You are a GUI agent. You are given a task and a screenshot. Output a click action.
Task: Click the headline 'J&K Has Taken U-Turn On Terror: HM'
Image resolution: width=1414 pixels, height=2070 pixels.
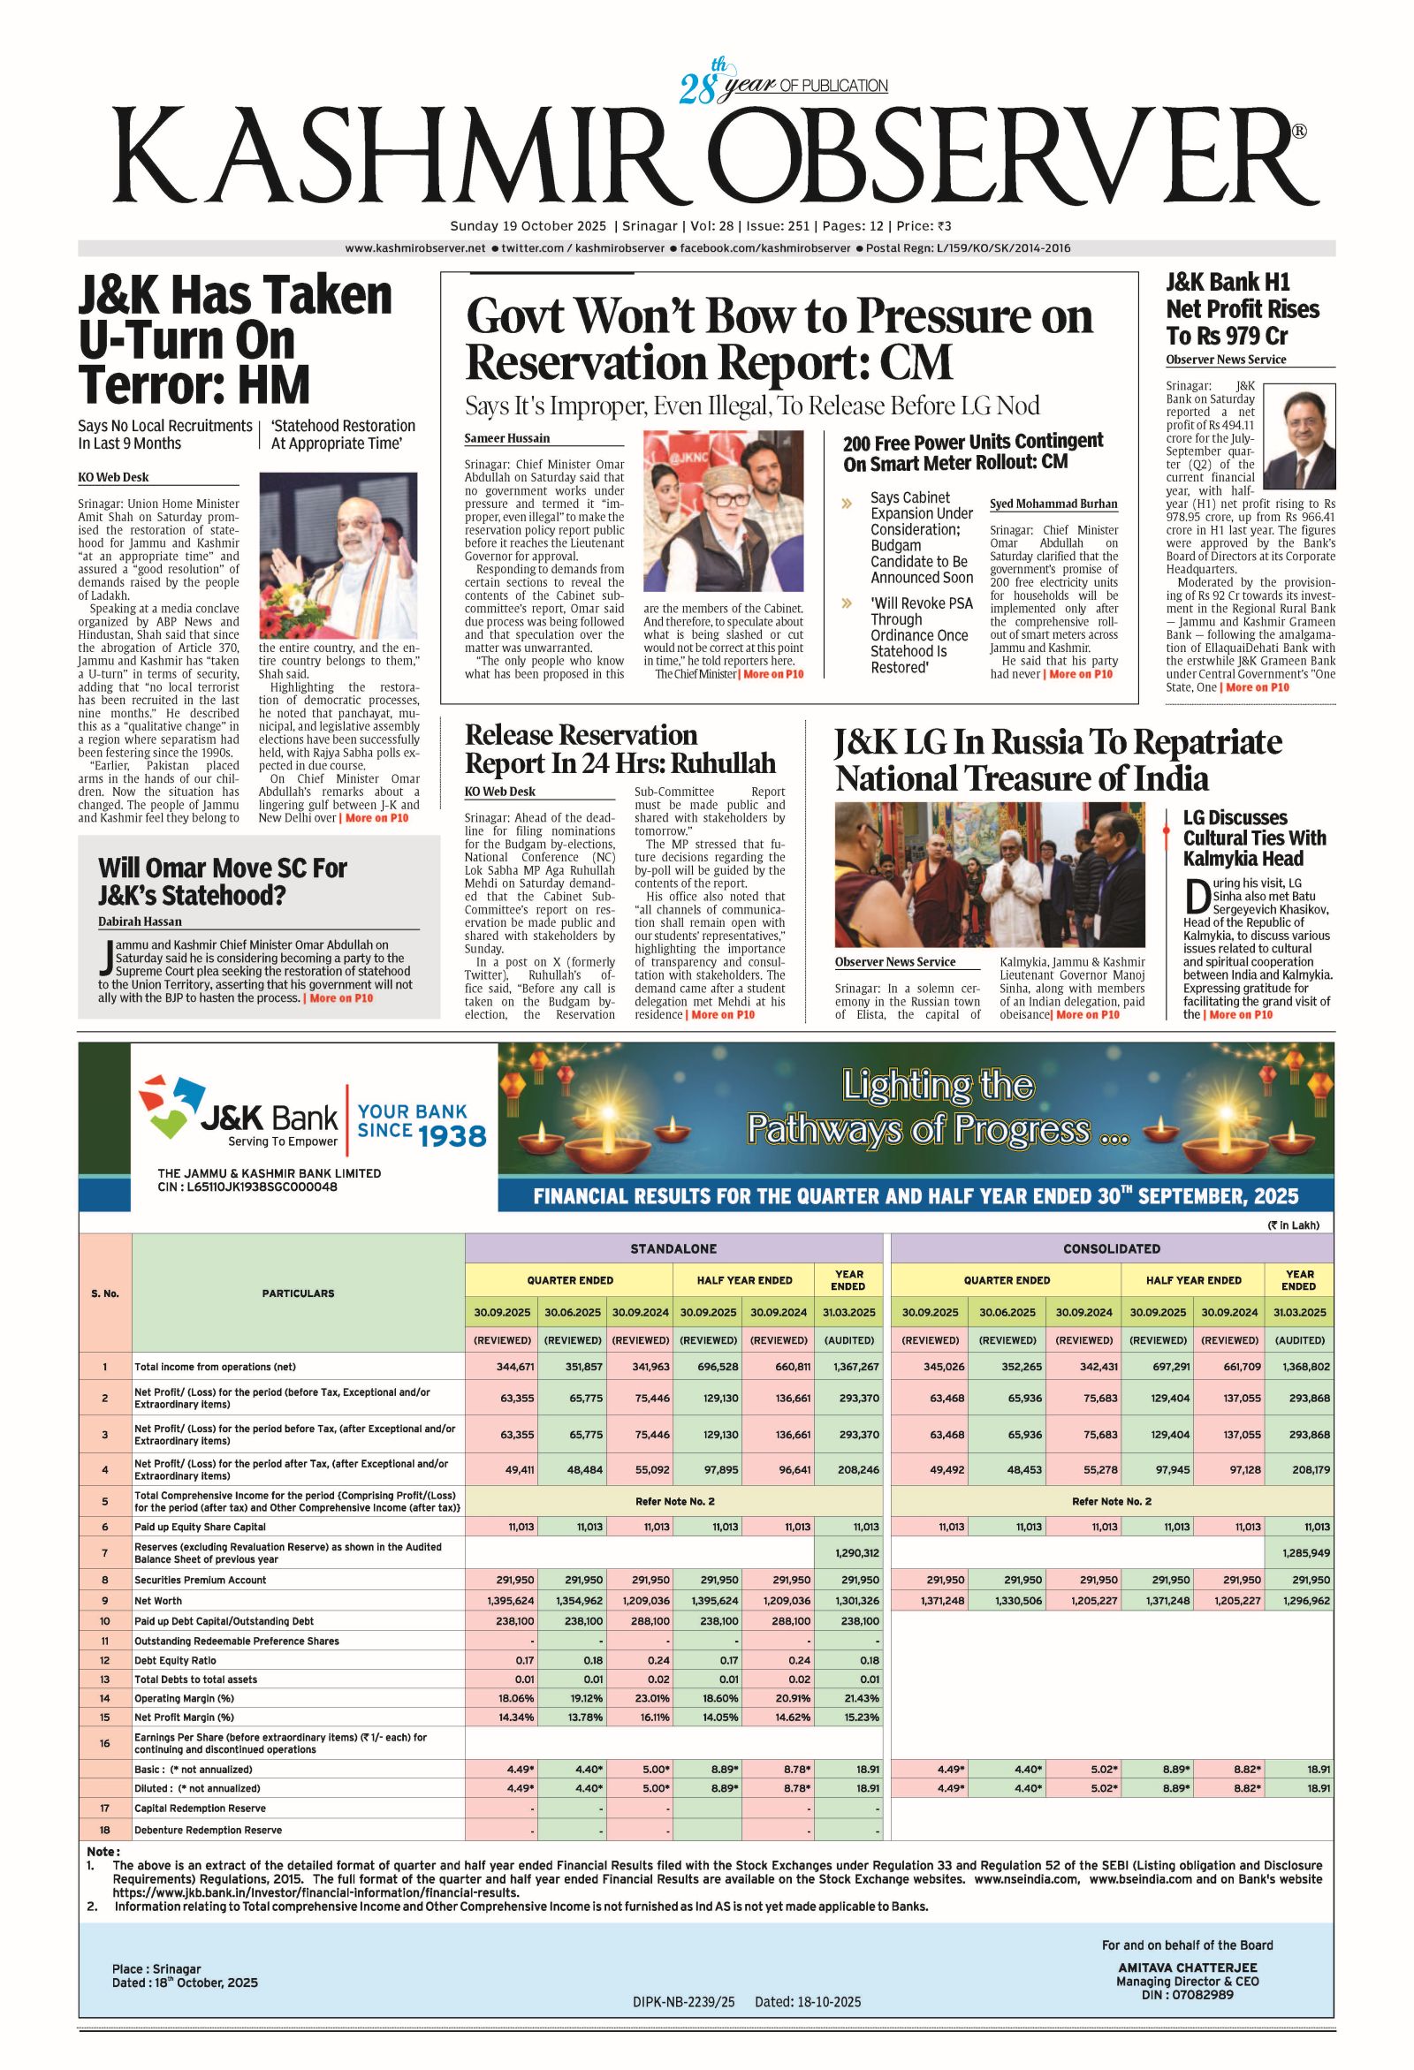pyautogui.click(x=234, y=340)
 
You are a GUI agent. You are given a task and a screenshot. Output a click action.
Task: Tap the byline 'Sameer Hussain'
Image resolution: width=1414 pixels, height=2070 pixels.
pyautogui.click(x=507, y=438)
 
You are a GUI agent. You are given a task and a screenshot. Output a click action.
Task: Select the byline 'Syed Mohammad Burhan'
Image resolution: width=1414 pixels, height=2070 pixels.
pyautogui.click(x=1053, y=504)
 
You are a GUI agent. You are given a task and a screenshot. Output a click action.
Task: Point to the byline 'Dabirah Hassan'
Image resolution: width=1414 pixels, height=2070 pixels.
pyautogui.click(x=139, y=921)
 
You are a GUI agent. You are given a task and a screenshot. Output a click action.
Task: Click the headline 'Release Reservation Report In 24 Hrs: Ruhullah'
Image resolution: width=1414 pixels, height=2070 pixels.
pyautogui.click(x=620, y=749)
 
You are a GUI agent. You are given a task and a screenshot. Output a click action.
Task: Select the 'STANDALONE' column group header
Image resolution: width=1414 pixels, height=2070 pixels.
pyautogui.click(x=673, y=1248)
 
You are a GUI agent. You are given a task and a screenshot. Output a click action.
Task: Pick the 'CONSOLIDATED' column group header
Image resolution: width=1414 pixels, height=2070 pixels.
pyautogui.click(x=1111, y=1248)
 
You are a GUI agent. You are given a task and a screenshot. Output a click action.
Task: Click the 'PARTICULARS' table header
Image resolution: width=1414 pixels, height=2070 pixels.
pyautogui.click(x=298, y=1293)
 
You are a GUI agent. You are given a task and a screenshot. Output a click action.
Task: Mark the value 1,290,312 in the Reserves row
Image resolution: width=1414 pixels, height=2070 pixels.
pyautogui.click(x=857, y=1552)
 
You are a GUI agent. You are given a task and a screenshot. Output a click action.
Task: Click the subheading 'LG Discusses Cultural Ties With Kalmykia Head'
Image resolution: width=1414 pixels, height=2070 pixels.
pyautogui.click(x=1254, y=838)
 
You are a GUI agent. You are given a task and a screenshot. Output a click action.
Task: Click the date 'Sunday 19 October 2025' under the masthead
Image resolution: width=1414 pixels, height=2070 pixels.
pyautogui.click(x=528, y=226)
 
